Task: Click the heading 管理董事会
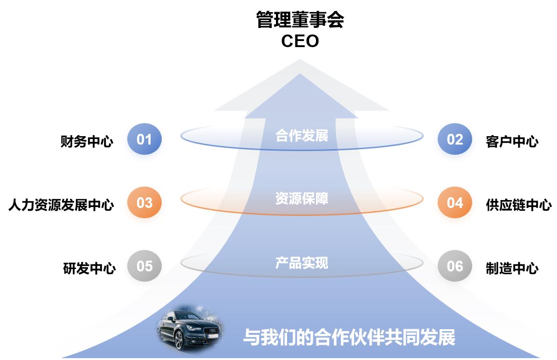[300, 20]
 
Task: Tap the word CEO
[300, 41]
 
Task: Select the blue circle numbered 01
[144, 139]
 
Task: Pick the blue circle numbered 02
[454, 139]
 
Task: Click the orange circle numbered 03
[144, 203]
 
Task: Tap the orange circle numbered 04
[454, 203]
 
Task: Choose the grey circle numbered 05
[144, 266]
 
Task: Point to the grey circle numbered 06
[454, 266]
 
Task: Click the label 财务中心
[87, 141]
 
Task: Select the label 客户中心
[512, 141]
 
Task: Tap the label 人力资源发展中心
[61, 205]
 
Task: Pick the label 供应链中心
[518, 205]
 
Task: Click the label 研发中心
[89, 268]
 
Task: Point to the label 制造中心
[512, 268]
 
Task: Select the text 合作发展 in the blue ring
[302, 136]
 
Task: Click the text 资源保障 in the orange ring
[302, 199]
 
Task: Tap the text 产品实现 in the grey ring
[302, 263]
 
